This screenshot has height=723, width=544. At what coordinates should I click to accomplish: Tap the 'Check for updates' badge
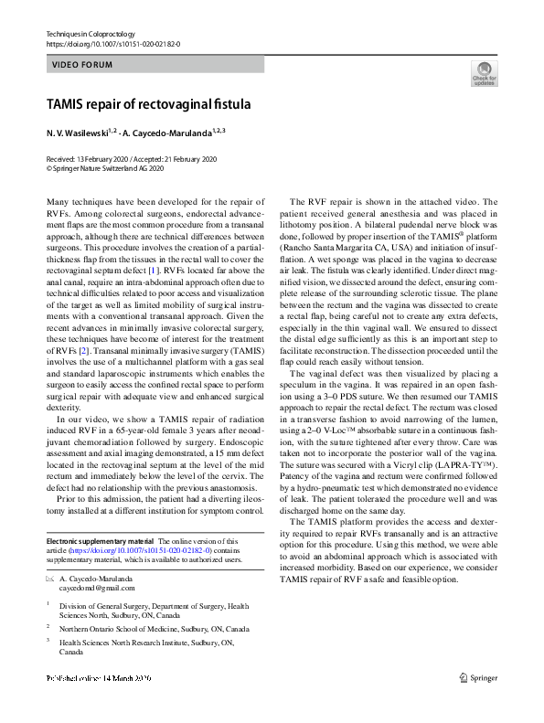tap(484, 75)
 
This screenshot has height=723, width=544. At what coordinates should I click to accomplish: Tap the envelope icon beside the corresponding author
tap(49, 579)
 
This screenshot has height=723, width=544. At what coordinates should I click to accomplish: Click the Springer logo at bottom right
tap(479, 677)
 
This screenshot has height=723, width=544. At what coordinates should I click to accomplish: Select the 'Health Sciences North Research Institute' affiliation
tap(146, 643)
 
